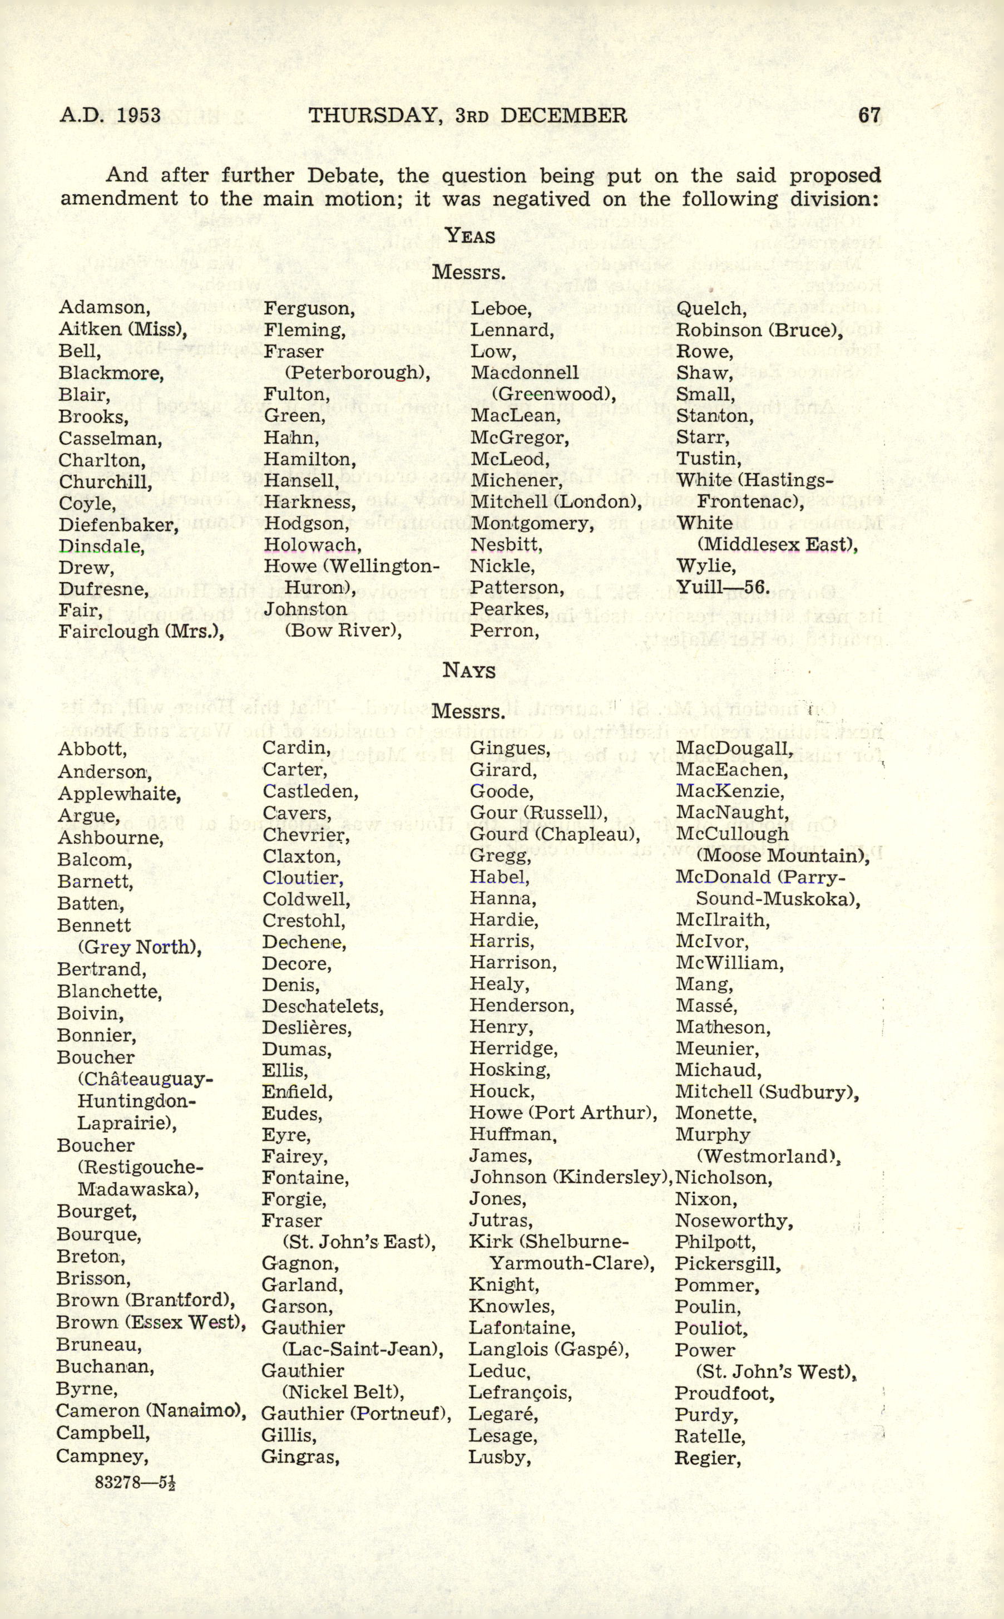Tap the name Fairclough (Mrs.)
click(141, 631)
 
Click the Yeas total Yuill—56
click(723, 587)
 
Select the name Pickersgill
click(728, 1263)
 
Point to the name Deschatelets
click(323, 1006)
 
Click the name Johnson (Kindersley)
click(569, 1177)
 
